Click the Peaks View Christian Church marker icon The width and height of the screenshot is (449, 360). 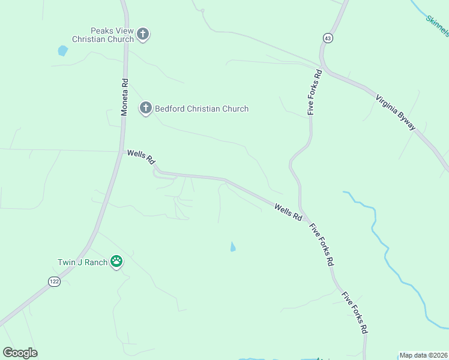click(143, 34)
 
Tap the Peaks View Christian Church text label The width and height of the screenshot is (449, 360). click(102, 35)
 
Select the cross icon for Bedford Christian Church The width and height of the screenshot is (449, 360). click(145, 109)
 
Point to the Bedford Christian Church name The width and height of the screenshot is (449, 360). click(202, 109)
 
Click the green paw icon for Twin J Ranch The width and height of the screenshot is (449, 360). click(116, 262)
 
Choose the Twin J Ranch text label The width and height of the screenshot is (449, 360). click(82, 262)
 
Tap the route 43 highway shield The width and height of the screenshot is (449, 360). click(327, 38)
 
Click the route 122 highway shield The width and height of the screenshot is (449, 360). click(54, 281)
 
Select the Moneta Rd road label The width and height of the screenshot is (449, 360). click(125, 96)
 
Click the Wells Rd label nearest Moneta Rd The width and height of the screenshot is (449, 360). click(142, 158)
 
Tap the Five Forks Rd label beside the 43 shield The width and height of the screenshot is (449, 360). click(315, 92)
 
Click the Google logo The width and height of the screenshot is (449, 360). click(20, 353)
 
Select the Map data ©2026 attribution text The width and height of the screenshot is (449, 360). click(423, 355)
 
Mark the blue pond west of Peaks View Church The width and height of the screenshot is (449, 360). click(62, 51)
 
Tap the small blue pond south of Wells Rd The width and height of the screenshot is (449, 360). click(233, 247)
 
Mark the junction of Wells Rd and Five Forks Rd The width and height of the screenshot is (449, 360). click(304, 216)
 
